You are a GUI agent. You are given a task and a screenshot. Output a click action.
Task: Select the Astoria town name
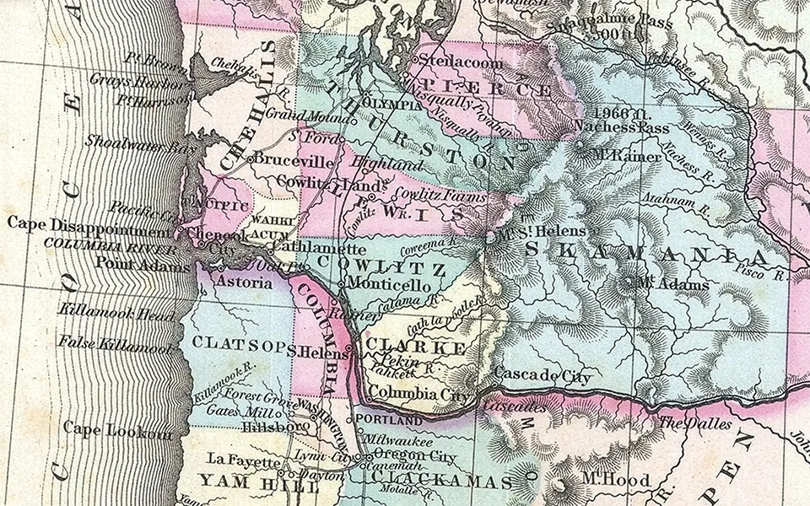[x=244, y=282]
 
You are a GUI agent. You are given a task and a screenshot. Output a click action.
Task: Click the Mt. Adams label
[x=674, y=284]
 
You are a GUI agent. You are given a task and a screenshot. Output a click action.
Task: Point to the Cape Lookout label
[x=117, y=428]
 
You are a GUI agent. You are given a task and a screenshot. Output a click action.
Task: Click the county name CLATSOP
[x=240, y=343]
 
